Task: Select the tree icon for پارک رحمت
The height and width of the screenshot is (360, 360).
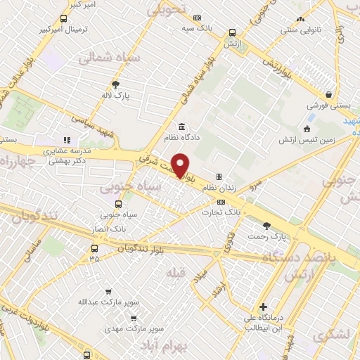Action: (266, 225)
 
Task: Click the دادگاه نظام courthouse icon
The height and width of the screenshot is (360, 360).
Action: (182, 126)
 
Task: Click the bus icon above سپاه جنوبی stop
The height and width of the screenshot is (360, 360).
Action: (127, 204)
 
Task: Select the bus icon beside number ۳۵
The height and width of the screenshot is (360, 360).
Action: (95, 247)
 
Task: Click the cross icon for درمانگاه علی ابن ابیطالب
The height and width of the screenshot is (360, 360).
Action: (263, 307)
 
